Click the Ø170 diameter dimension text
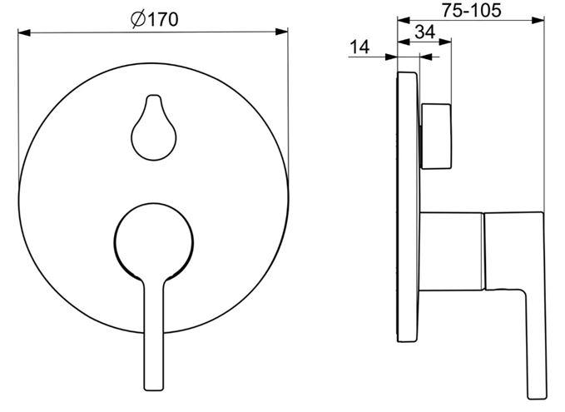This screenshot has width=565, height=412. tap(154, 19)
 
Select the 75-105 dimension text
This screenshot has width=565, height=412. tap(472, 11)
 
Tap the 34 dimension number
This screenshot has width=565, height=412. tap(425, 32)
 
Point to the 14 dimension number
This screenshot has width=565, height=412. tap(359, 47)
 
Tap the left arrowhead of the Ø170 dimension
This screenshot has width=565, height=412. tap(24, 32)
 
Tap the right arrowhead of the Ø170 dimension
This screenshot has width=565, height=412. tap(282, 32)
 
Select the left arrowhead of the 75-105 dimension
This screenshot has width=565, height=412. tap(404, 21)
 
